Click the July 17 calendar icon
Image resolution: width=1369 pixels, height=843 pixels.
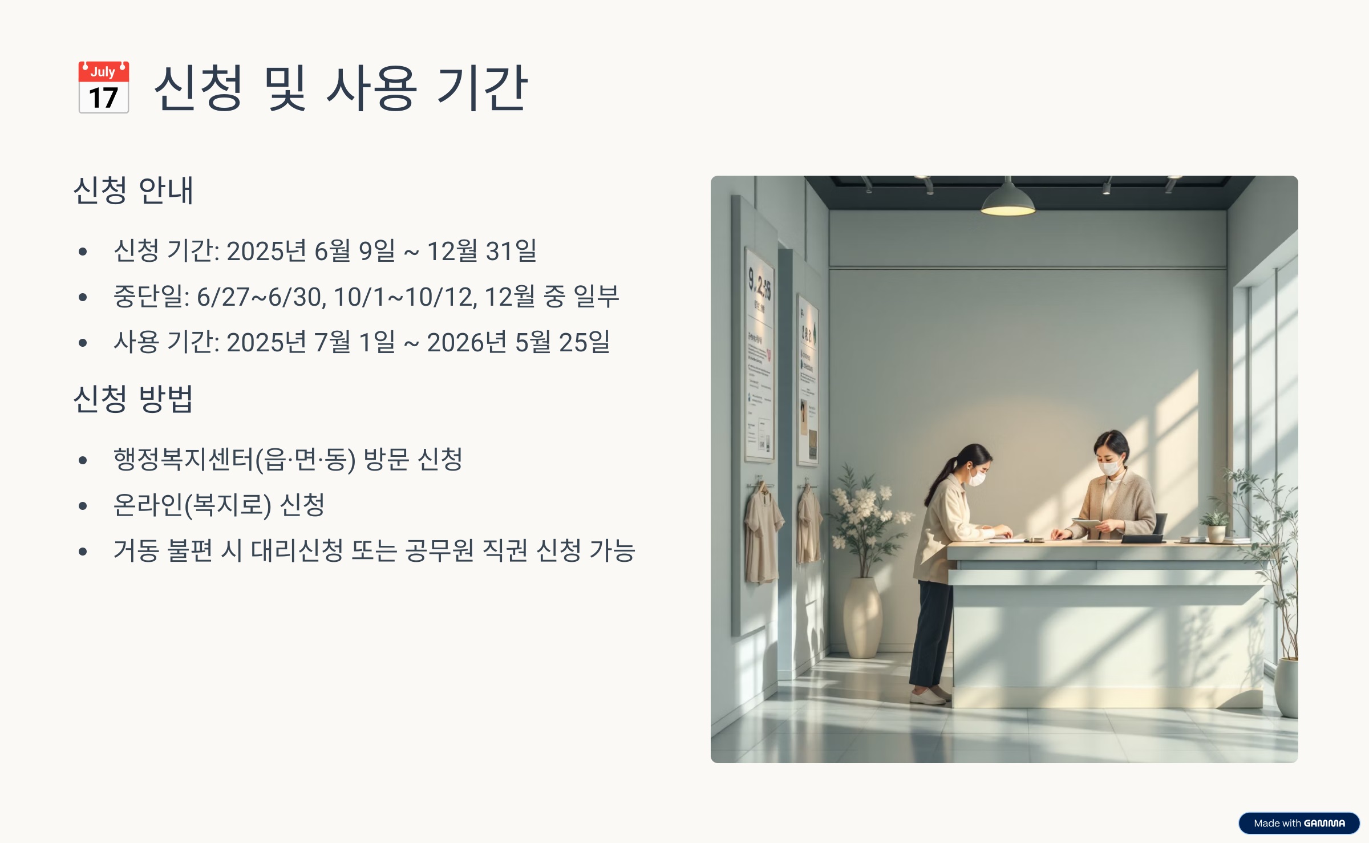[103, 87]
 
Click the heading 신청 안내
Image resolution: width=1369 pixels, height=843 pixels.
[133, 190]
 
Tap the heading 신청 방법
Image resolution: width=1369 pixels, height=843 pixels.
[133, 399]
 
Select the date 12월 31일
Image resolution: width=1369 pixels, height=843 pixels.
[482, 251]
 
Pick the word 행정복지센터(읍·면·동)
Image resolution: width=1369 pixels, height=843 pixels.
[234, 460]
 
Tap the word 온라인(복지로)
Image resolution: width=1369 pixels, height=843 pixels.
[192, 505]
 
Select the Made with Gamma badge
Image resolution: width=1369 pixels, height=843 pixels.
[1299, 823]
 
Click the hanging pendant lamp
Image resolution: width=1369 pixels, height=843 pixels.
[1008, 201]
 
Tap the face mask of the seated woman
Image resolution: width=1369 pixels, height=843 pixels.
[1109, 468]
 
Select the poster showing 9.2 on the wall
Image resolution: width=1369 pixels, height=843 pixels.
[759, 354]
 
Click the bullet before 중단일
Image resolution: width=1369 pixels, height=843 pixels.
[83, 297]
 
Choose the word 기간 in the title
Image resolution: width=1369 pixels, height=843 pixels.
[481, 88]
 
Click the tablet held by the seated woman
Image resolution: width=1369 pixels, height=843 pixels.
[1087, 522]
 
